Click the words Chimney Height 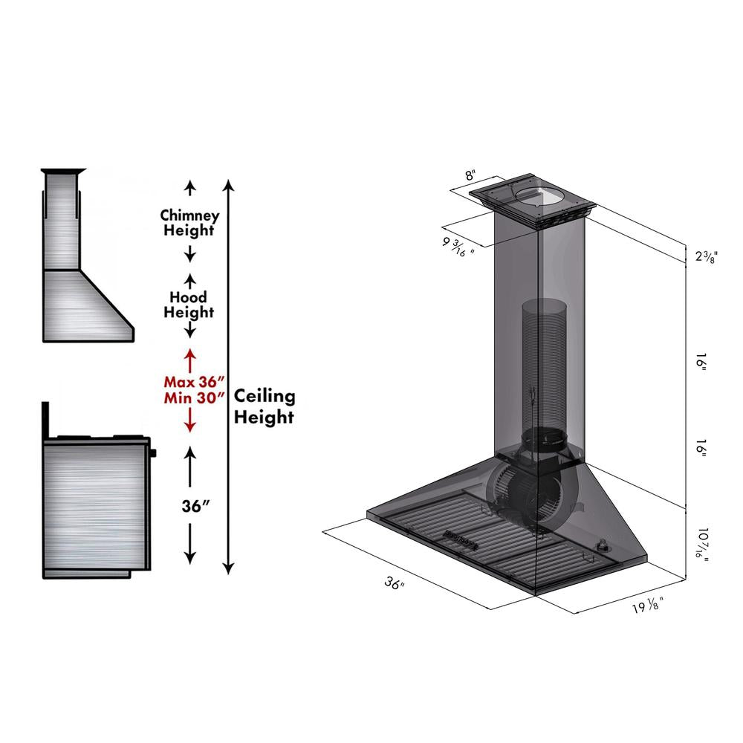[x=189, y=223]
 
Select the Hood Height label [x=189, y=305]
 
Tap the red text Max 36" [x=193, y=381]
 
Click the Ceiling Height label [x=265, y=407]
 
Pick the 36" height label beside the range [x=195, y=507]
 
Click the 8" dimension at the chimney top [x=470, y=176]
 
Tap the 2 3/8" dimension [x=705, y=257]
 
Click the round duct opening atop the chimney [x=540, y=197]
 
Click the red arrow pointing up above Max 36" [x=189, y=358]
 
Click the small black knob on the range [x=154, y=452]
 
